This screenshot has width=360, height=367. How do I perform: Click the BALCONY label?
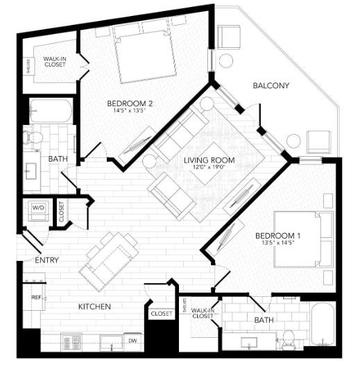pyautogui.click(x=271, y=86)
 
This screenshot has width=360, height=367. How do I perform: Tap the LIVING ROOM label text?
pyautogui.click(x=209, y=160)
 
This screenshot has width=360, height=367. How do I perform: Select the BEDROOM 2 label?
pyautogui.click(x=129, y=104)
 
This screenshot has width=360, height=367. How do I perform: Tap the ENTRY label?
pyautogui.click(x=46, y=261)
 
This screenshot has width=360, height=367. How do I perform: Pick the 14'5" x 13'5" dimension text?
pyautogui.click(x=129, y=112)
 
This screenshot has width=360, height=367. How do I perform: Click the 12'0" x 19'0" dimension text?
pyautogui.click(x=209, y=169)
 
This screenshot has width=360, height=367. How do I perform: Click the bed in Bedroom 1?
pyautogui.click(x=303, y=238)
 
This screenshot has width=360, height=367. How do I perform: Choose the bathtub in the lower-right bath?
pyautogui.click(x=323, y=324)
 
